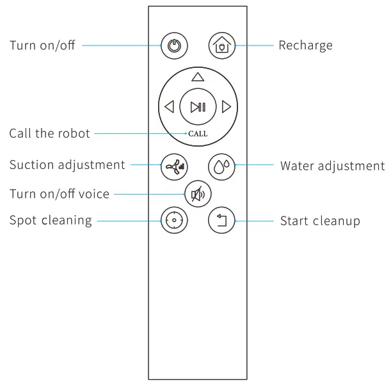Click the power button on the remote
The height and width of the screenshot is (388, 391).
click(x=172, y=46)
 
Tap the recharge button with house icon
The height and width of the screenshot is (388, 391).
click(x=221, y=46)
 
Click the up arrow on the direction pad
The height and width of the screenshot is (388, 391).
click(x=197, y=77)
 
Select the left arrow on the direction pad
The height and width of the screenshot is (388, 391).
click(x=169, y=107)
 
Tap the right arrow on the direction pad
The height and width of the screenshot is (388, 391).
click(x=226, y=107)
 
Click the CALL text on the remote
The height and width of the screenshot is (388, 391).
click(x=198, y=134)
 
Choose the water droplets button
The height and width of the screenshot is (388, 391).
click(x=221, y=165)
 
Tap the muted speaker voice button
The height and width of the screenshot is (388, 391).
click(x=197, y=193)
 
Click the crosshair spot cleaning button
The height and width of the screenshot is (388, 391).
click(x=172, y=221)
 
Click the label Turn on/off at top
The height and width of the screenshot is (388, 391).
click(x=42, y=46)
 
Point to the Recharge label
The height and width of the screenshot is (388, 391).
click(x=305, y=46)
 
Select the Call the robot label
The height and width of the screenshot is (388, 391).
click(x=49, y=134)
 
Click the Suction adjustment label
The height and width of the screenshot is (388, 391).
click(x=67, y=165)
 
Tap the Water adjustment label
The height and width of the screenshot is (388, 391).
click(x=332, y=166)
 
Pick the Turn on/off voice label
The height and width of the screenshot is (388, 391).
click(x=59, y=193)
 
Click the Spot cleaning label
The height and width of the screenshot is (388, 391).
click(x=50, y=221)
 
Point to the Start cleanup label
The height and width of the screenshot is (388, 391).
click(x=320, y=222)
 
